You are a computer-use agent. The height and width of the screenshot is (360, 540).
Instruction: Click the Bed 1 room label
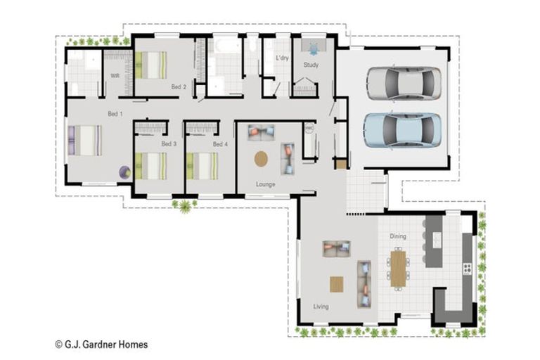pos(115,114)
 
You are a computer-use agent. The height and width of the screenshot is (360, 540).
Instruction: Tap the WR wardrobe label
pos(115,76)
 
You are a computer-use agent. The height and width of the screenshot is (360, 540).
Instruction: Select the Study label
pos(311,65)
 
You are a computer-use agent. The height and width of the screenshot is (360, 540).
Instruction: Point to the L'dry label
pos(282,58)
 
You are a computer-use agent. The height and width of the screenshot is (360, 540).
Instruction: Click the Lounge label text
pos(266,184)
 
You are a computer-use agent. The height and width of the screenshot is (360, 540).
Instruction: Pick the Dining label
pos(398,236)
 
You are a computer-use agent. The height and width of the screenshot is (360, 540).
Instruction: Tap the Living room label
pos(321,307)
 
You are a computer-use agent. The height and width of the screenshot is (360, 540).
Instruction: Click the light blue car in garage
pos(403,130)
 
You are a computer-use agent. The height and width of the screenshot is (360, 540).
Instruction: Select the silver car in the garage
pos(404,83)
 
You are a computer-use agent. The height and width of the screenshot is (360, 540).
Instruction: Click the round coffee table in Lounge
pos(261,159)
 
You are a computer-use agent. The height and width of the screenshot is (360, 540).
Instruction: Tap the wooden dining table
pos(398,269)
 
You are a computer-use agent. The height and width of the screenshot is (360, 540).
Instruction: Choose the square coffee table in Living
pos(337,285)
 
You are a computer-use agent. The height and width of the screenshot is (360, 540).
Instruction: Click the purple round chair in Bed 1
pos(124,172)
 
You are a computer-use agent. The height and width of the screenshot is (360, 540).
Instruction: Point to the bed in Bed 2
pos(151,65)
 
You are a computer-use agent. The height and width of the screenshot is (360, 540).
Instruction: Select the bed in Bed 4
pos(202,166)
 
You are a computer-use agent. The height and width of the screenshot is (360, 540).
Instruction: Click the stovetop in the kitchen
pos(467,269)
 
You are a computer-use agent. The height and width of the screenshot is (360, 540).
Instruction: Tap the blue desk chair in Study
pos(314,49)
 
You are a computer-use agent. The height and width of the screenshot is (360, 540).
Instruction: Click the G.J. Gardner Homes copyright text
pos(101,344)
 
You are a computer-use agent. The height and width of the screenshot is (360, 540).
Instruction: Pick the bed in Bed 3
pos(151,166)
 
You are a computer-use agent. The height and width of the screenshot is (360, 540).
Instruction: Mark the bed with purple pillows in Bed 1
pos(84,140)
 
